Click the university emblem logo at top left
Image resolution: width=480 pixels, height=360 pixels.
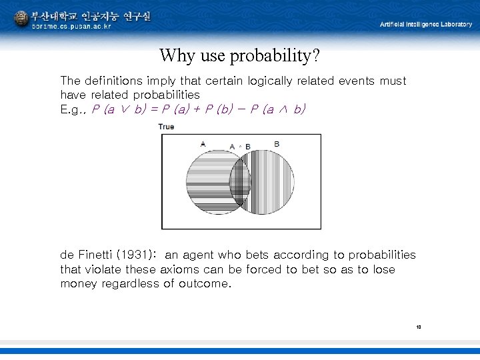coord(21,19)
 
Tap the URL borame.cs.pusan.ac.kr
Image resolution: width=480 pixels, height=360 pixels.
coord(71,27)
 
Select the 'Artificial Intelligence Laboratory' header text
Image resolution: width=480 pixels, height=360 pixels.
coord(425,24)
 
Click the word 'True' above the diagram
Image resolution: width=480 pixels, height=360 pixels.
coord(166,127)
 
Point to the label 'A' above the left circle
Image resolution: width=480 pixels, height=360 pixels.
coord(203,143)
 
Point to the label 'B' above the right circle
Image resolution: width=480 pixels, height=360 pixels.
coord(276,143)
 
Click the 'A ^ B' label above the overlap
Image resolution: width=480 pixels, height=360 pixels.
coord(240,147)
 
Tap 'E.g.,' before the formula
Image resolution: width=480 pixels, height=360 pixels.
coord(73,109)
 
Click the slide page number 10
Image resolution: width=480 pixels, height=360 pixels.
coord(419,327)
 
